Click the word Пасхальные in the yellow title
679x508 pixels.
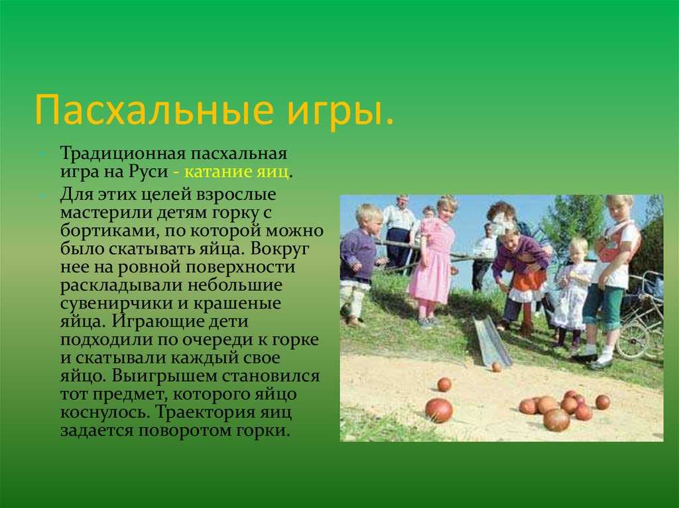[154, 110]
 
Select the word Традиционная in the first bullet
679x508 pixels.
[123, 154]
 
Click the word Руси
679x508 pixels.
[148, 172]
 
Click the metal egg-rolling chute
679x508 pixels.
[492, 340]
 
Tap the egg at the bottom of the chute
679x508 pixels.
[496, 367]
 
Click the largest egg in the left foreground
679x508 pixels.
[439, 410]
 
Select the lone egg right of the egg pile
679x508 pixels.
[602, 402]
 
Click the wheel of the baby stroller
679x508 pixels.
[632, 340]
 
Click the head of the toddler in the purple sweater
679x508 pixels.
[369, 218]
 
